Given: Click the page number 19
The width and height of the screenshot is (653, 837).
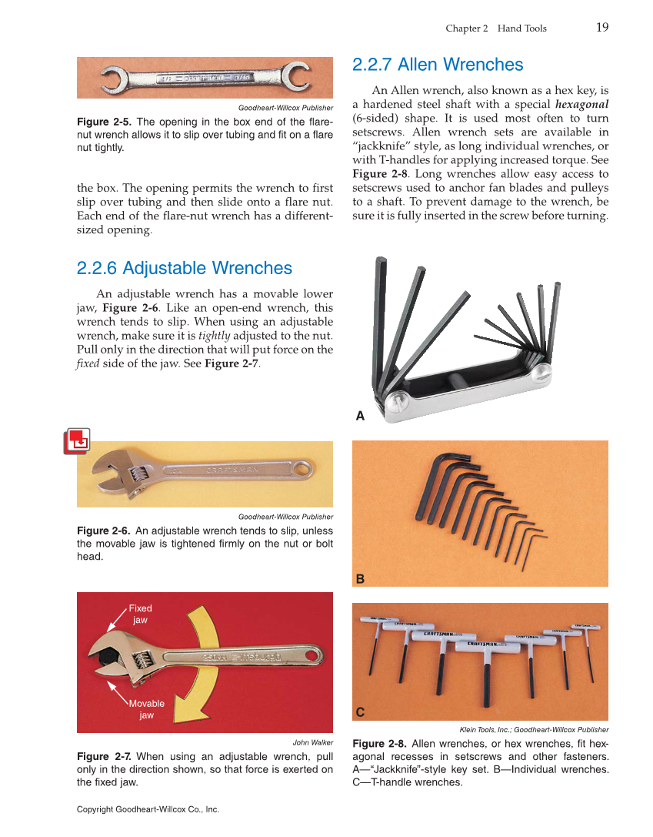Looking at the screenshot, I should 602,28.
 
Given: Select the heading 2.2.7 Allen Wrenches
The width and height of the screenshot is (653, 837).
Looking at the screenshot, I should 437,65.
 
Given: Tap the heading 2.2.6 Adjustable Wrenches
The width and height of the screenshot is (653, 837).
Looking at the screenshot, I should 185,268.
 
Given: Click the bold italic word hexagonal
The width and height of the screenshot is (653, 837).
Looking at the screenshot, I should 581,104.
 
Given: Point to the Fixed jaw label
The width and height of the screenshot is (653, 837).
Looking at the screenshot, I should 140,614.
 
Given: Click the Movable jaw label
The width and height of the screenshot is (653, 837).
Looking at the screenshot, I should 146,709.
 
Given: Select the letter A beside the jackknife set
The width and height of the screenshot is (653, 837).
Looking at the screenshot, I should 359,417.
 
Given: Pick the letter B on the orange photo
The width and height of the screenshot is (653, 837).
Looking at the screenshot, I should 359,578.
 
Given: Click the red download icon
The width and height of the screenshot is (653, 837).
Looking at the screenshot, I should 77,440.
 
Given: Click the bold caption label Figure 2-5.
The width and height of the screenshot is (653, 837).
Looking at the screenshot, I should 104,122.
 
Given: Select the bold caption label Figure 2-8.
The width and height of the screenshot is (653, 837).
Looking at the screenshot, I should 379,744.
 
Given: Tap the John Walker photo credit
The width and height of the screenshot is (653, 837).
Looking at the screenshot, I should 312,743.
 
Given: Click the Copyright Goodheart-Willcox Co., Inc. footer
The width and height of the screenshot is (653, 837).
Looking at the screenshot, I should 148,809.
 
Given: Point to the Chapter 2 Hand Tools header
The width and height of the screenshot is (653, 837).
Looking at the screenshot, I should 496,28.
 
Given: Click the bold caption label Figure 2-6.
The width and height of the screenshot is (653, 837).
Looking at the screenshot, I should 104,531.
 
